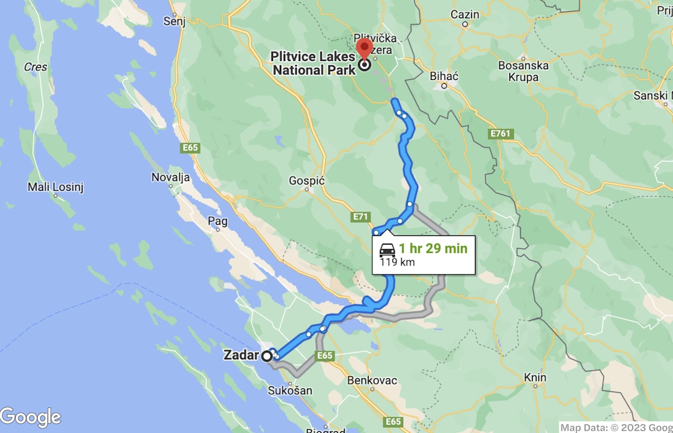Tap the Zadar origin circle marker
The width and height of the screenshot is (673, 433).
tap(267, 356)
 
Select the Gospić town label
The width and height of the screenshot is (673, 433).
tap(306, 181)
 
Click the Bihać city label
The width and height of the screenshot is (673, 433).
tap(443, 76)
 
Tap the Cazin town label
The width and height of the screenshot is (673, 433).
tap(465, 14)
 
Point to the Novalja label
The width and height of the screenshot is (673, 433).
tap(170, 177)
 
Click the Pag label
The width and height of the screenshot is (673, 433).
tap(218, 221)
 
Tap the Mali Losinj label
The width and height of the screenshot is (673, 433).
tap(56, 187)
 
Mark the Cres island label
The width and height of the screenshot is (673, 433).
tap(36, 67)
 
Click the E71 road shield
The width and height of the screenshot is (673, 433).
tap(360, 217)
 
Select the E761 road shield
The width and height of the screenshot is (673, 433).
tap(501, 133)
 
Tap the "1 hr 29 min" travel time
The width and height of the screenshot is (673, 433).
tap(433, 249)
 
